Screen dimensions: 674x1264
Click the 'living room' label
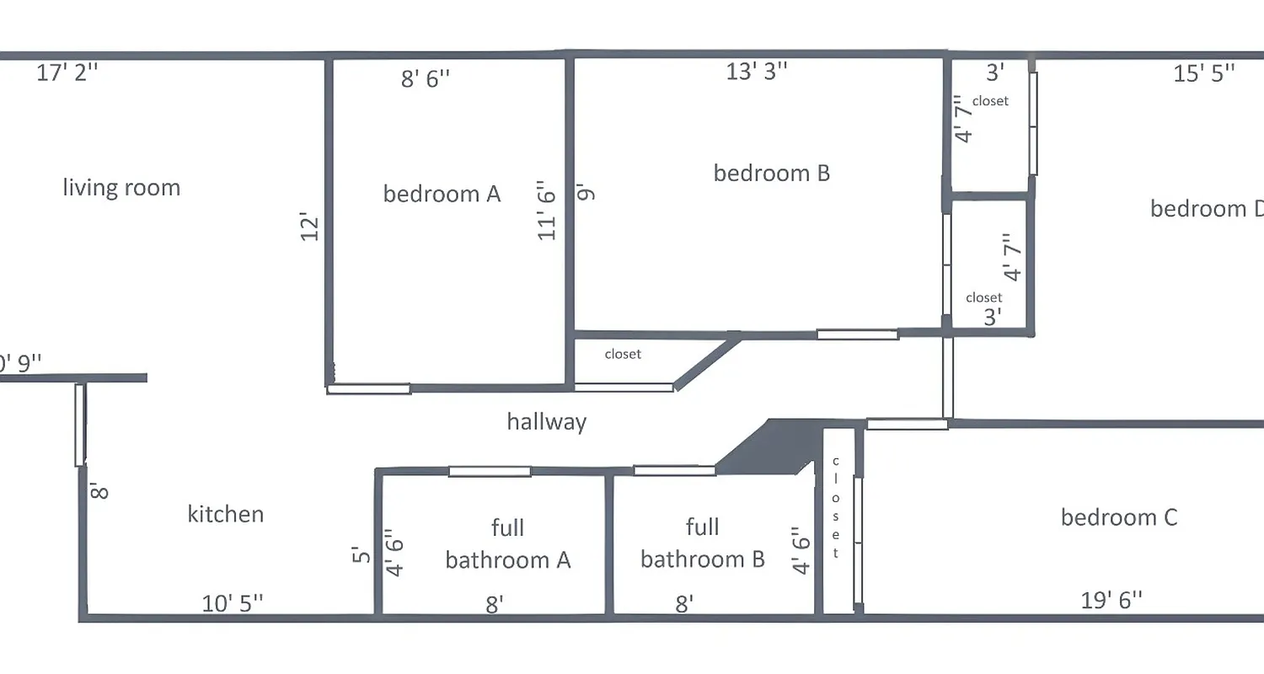point(121,187)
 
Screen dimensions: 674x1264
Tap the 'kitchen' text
point(225,514)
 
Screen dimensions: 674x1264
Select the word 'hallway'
point(546,421)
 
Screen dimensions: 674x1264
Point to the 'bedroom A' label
point(442,194)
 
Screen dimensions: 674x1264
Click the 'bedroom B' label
point(771,173)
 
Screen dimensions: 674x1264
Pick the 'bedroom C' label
point(1118,517)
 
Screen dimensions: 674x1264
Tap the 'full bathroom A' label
point(507,544)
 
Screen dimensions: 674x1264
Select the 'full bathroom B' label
point(702,544)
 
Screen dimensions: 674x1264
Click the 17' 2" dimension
point(67,72)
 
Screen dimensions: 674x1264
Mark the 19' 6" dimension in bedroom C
point(1111,601)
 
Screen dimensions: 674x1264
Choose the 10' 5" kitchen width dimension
point(233,603)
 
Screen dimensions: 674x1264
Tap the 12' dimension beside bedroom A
point(310,227)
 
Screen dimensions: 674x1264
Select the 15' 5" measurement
point(1204,73)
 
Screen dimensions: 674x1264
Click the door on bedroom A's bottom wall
point(368,388)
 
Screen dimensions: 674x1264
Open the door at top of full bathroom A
point(490,471)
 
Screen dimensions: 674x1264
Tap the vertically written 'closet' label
point(836,507)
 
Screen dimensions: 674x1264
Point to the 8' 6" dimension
point(425,79)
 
